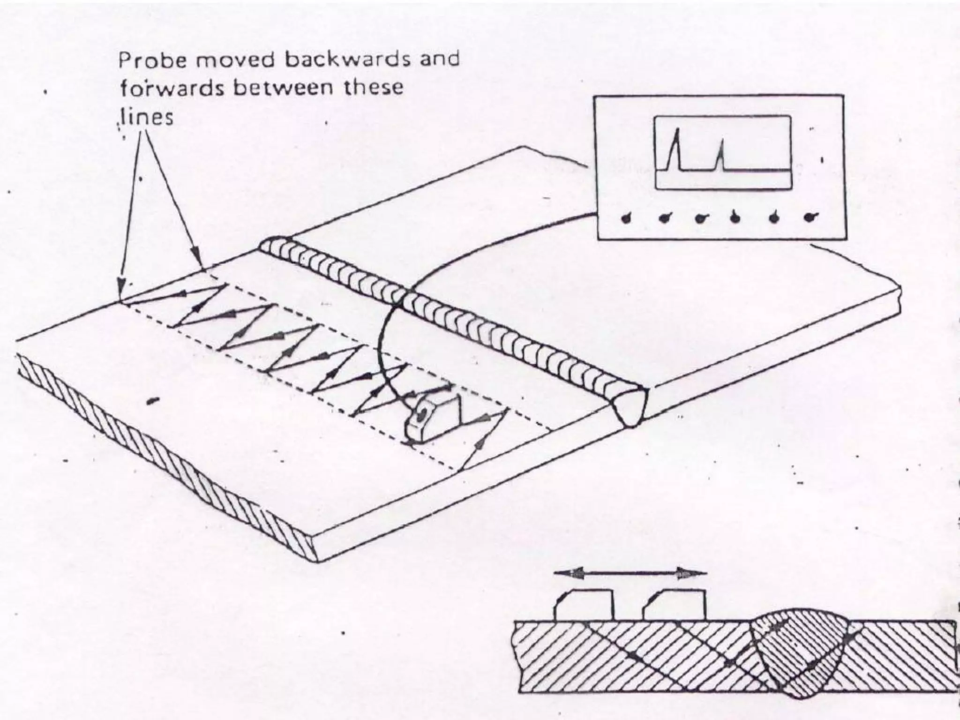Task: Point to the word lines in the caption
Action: coord(146,117)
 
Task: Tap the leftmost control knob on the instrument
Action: coord(627,218)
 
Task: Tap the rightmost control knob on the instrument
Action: coord(810,217)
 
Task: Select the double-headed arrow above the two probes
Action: coord(630,573)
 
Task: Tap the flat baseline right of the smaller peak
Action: coord(755,170)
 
